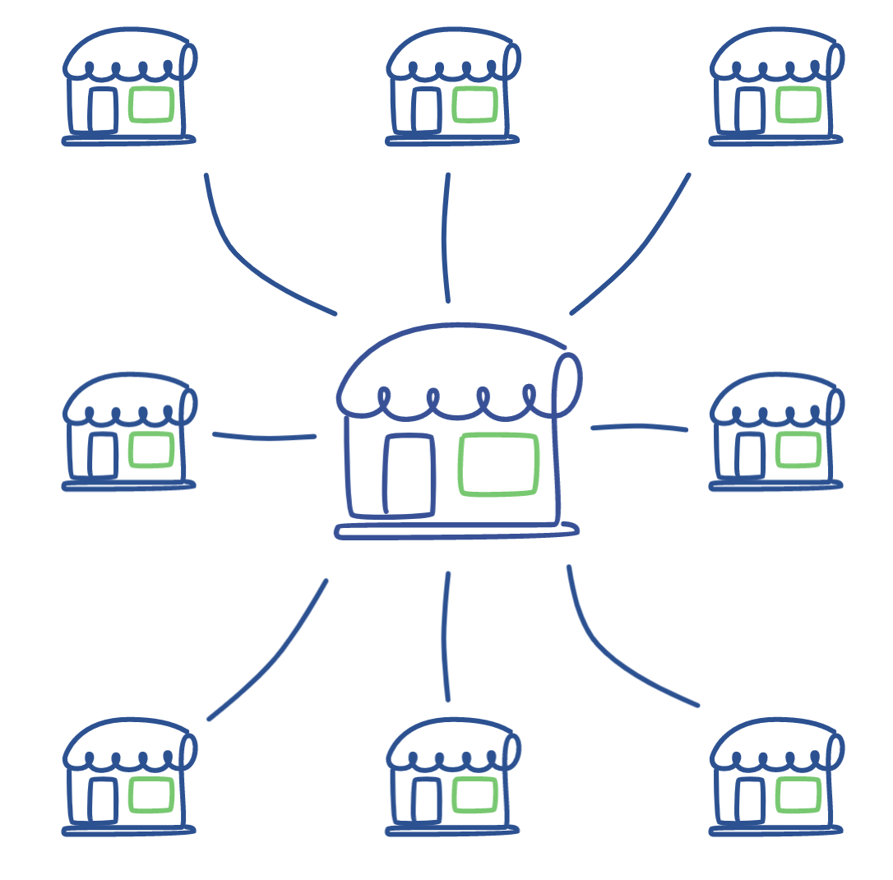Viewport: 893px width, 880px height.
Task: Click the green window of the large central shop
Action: click(x=498, y=464)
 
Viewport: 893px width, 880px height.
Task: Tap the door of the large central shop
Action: click(x=409, y=475)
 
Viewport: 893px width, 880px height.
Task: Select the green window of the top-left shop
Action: click(x=151, y=104)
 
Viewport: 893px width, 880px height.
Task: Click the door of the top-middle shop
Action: click(x=426, y=110)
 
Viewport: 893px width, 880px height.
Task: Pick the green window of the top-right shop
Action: click(x=798, y=104)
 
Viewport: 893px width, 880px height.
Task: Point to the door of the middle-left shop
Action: click(x=103, y=455)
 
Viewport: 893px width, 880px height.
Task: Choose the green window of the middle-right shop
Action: click(x=798, y=450)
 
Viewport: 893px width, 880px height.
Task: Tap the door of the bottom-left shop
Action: click(x=103, y=800)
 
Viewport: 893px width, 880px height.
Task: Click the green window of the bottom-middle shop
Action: click(x=474, y=795)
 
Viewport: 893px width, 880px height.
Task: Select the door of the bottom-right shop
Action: click(x=749, y=800)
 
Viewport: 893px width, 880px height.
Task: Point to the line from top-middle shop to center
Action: click(x=445, y=239)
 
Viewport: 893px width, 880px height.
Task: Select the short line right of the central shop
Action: click(x=639, y=426)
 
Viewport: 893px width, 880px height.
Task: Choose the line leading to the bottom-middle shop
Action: click(x=445, y=637)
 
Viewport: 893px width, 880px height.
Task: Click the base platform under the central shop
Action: click(x=456, y=532)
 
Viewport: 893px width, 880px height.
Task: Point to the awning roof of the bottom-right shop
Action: click(x=773, y=736)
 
